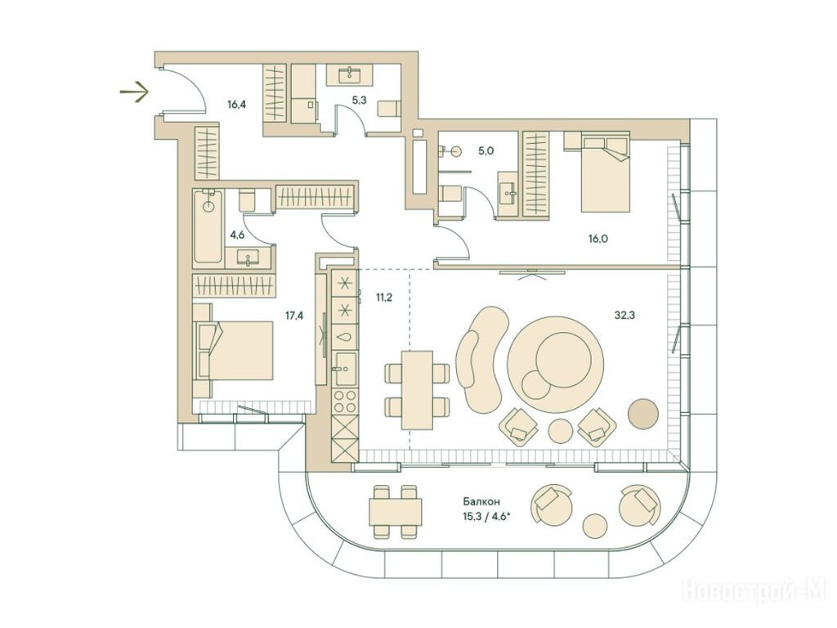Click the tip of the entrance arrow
click(148, 92)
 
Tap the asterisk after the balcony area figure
click(508, 514)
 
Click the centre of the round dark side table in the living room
click(644, 413)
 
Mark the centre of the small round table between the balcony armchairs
click(595, 526)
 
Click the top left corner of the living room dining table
click(402, 351)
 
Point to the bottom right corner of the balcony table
click(422, 526)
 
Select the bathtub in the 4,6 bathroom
click(208, 227)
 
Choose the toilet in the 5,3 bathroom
click(388, 108)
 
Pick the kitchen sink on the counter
click(345, 369)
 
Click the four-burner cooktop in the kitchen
click(345, 401)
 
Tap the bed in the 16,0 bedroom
click(606, 172)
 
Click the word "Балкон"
click(481, 502)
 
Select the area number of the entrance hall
click(236, 105)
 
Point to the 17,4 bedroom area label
click(294, 316)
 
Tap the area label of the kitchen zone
click(384, 298)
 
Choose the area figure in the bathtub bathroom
click(238, 233)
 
